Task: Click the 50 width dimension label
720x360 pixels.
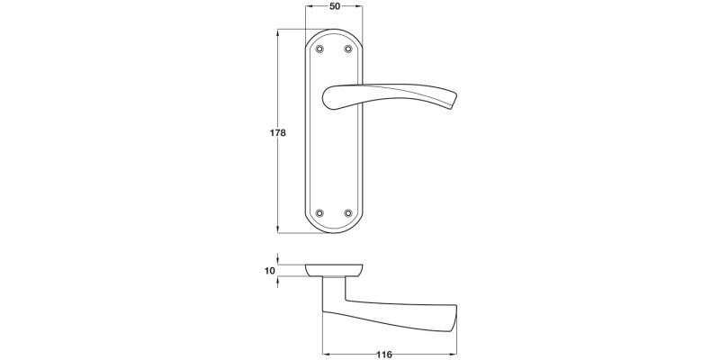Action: pos(335,7)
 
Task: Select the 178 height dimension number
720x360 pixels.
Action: pos(278,133)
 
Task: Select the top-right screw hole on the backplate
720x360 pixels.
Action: pos(348,47)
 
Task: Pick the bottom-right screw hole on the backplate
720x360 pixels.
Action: pos(348,213)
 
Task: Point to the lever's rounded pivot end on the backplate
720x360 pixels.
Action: pos(330,93)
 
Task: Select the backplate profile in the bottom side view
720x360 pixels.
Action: pos(335,269)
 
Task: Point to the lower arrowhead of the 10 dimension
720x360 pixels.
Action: pos(279,280)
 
